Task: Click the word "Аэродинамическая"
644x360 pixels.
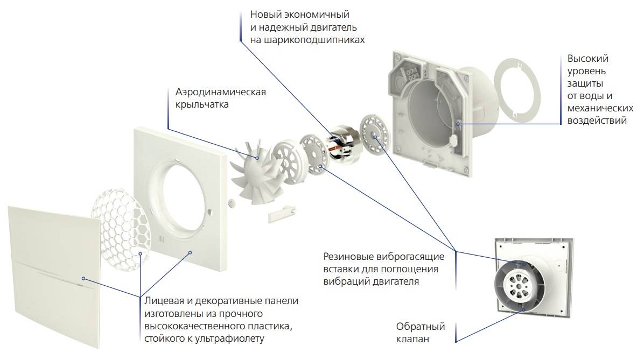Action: point(221,92)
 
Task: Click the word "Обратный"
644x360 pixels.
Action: point(421,327)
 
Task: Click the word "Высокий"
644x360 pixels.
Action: point(588,59)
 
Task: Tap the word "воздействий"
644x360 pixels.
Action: point(597,121)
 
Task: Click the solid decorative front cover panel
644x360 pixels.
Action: point(54,276)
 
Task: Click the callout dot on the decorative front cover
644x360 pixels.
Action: point(83,279)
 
